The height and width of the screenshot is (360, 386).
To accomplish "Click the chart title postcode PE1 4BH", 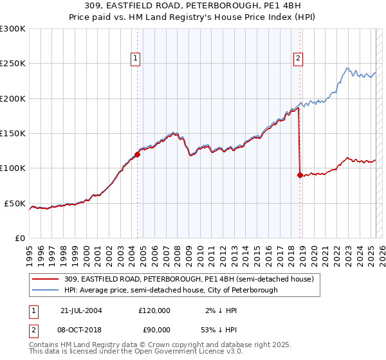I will [x=275, y=6].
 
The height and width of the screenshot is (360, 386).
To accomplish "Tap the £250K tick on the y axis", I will [x=13, y=64].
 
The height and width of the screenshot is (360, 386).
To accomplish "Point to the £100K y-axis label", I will [x=13, y=168].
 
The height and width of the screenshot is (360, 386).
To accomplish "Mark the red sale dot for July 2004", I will [x=137, y=154].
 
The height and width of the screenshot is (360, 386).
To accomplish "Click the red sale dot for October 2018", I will [x=300, y=175].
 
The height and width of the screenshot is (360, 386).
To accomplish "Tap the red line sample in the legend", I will [x=45, y=280].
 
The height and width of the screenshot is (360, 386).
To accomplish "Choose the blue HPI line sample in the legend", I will [x=45, y=290].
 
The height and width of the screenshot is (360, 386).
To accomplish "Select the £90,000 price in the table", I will [x=154, y=329].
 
